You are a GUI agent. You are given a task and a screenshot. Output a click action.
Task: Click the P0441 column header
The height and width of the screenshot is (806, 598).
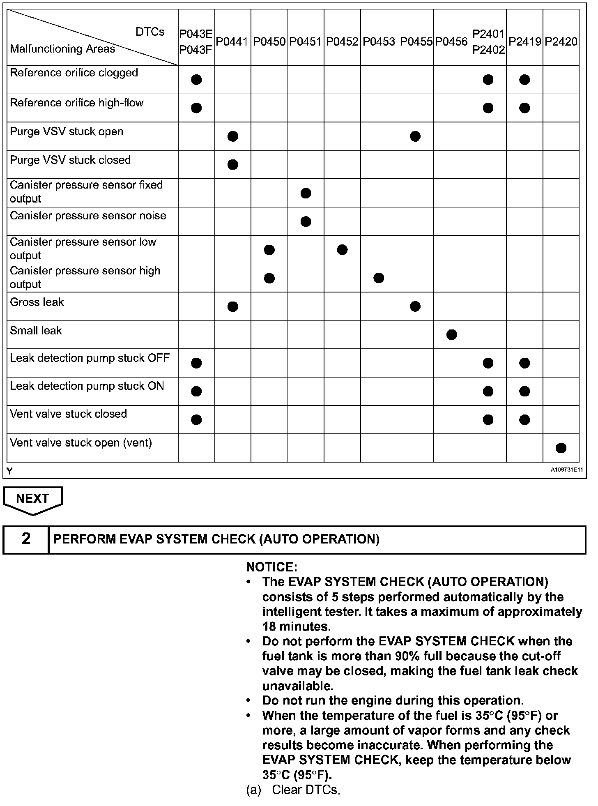click(232, 41)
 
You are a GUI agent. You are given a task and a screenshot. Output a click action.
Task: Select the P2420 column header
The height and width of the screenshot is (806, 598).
click(561, 41)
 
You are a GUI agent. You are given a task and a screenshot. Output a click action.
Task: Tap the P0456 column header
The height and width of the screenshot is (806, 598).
click(451, 41)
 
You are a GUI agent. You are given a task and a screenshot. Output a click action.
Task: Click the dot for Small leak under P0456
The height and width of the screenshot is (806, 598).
click(451, 335)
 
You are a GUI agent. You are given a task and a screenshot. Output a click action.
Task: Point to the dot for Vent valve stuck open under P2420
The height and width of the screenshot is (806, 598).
click(561, 448)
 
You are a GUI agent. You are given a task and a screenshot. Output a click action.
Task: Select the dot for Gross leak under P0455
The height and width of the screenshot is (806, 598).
click(415, 306)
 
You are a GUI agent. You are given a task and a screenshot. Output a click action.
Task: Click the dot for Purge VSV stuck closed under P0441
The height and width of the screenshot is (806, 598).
click(232, 165)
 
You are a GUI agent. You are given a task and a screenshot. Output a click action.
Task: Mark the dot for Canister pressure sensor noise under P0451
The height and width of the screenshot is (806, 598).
click(306, 222)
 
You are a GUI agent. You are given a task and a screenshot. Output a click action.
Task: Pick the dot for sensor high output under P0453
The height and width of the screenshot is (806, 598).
click(379, 278)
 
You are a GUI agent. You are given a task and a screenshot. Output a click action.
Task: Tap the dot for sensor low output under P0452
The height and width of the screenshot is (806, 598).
click(342, 250)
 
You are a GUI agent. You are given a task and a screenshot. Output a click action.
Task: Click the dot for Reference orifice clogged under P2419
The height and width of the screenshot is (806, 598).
click(524, 80)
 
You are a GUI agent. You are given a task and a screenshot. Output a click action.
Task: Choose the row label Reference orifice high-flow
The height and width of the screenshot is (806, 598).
click(77, 103)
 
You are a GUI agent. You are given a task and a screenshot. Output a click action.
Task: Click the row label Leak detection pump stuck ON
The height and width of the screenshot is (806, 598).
click(87, 386)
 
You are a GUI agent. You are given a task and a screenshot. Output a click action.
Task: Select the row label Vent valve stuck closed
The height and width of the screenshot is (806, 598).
click(69, 414)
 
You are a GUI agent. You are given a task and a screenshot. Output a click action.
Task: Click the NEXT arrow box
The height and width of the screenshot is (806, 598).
click(32, 499)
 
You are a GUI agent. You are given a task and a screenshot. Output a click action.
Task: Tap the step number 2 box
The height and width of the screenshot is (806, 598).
click(26, 539)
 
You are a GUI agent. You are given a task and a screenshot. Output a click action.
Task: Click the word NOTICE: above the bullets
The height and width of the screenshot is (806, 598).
click(271, 567)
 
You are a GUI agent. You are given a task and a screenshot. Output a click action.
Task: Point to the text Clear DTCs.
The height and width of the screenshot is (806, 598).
click(306, 790)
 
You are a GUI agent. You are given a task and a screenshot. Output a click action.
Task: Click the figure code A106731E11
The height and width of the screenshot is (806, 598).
click(567, 470)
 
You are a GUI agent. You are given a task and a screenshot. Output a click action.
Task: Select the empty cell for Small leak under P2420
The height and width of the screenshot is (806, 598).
click(561, 335)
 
